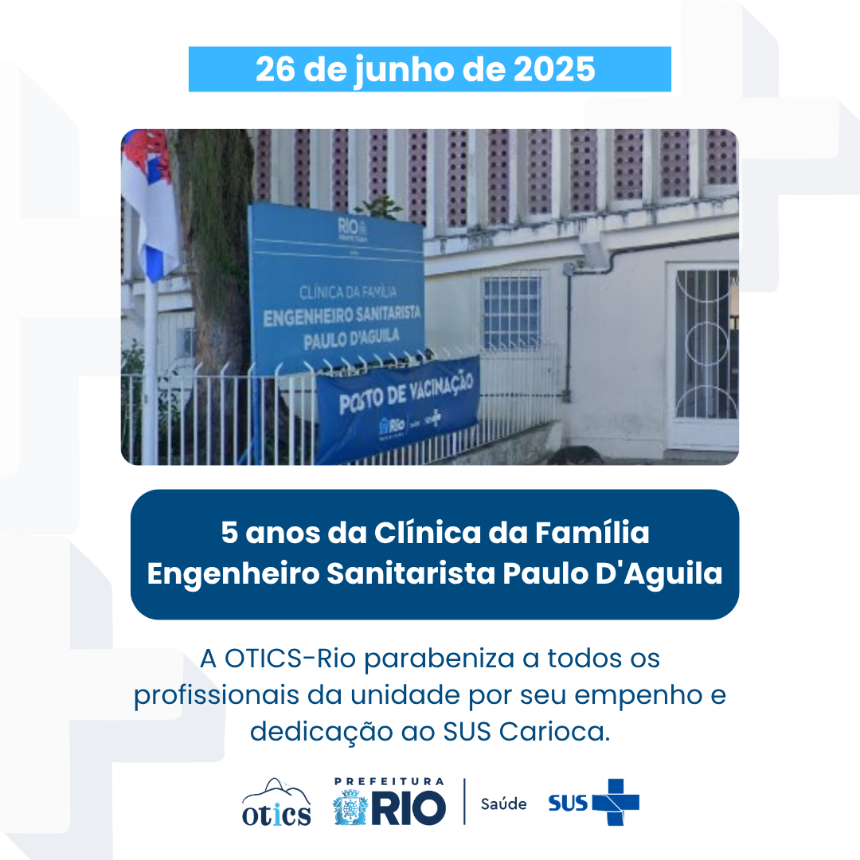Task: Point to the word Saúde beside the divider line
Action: tap(503, 803)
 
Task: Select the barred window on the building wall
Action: tap(511, 312)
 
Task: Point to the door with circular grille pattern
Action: tap(705, 350)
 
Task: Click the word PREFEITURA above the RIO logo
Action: tap(389, 782)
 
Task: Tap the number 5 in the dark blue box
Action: tap(229, 534)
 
